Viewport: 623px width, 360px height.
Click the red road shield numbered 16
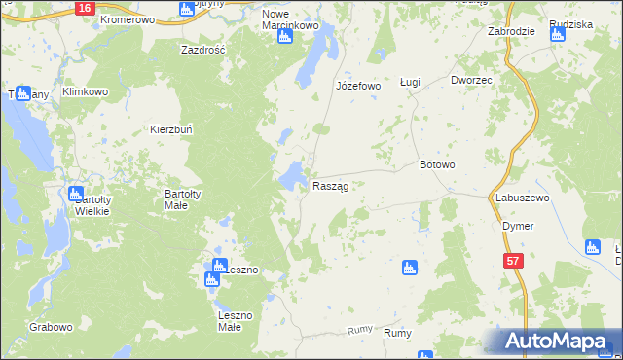[85, 7]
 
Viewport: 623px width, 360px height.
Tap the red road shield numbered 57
[514, 261]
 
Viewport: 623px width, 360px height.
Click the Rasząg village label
[331, 186]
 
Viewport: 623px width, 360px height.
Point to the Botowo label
[437, 164]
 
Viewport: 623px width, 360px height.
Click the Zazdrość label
[203, 49]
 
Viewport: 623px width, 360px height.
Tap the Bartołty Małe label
[182, 199]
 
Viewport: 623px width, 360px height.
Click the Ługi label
[410, 83]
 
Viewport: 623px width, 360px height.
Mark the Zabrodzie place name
[511, 31]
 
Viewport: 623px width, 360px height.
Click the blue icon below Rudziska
[557, 36]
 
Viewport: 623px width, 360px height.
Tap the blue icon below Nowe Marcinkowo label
[285, 37]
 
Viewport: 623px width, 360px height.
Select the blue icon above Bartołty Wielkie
[78, 194]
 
